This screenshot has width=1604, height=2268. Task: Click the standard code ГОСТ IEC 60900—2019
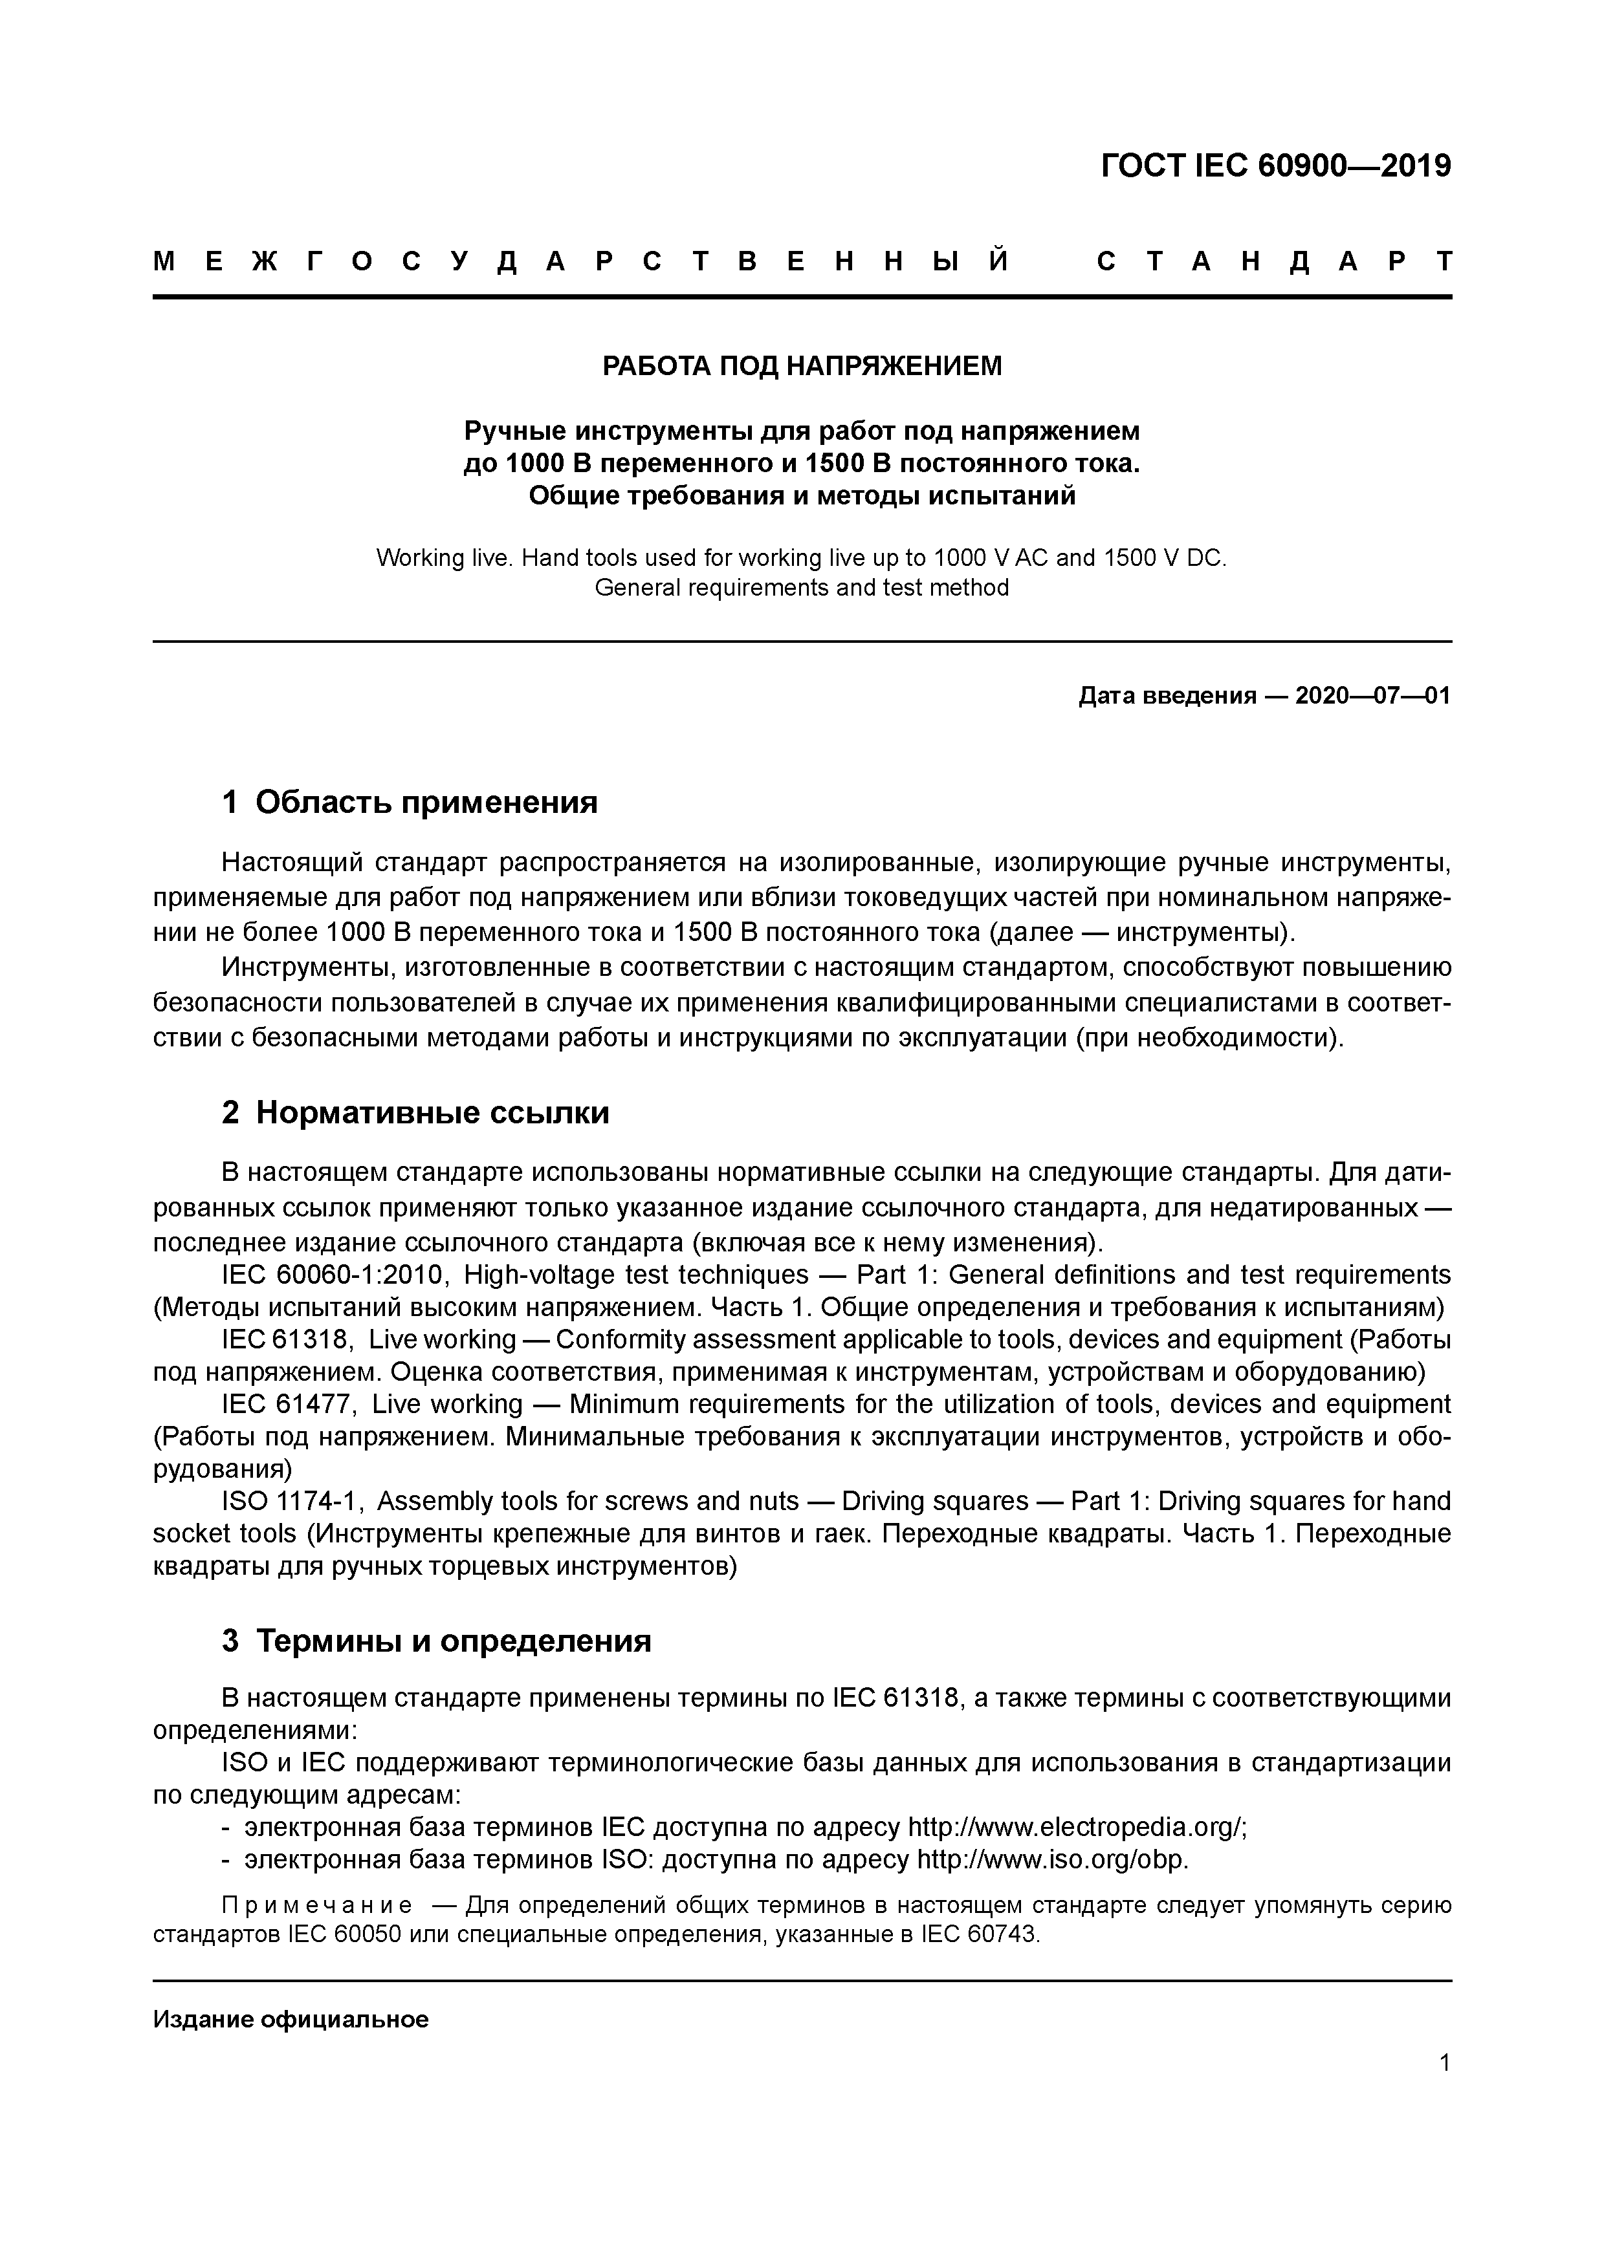(1275, 166)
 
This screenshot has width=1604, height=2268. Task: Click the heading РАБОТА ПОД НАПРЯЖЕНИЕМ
(802, 367)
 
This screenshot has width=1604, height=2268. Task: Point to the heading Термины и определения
(454, 1641)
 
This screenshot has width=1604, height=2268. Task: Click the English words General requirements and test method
(802, 589)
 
